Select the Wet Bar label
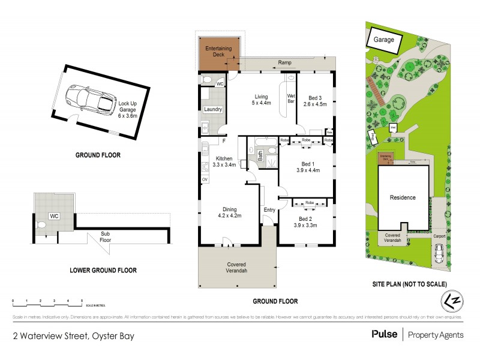(291, 99)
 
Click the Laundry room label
(214, 109)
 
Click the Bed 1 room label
(308, 163)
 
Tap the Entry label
(269, 209)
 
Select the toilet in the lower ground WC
(41, 225)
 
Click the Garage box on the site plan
(384, 40)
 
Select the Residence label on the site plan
(403, 197)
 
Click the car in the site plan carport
(439, 256)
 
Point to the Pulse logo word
(383, 334)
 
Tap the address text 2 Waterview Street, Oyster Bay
(73, 336)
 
